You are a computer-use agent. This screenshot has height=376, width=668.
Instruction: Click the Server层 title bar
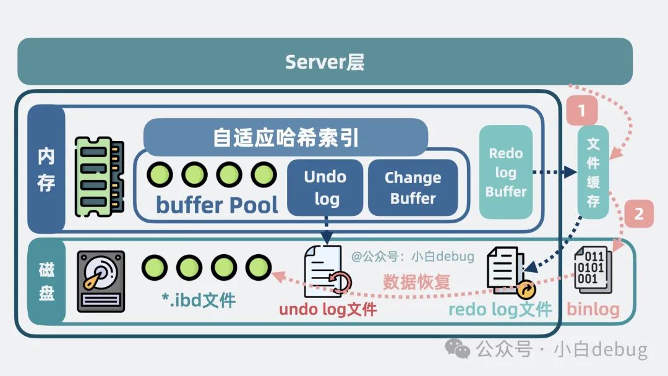[x=325, y=61]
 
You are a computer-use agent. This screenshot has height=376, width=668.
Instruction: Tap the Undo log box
[x=325, y=187]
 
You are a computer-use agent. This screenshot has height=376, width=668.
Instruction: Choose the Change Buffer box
[x=413, y=187]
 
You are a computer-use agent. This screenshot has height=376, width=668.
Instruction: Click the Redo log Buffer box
[x=505, y=172]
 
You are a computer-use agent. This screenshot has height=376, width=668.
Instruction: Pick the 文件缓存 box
[x=593, y=172]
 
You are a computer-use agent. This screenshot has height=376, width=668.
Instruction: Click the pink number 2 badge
[x=639, y=214]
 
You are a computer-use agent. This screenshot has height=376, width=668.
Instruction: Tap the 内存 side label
[x=46, y=169]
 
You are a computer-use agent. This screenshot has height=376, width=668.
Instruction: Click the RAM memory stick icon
[x=99, y=177]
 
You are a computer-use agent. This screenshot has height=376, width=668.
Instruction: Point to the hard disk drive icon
[x=101, y=281]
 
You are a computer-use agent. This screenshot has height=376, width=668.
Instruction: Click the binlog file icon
[x=593, y=270]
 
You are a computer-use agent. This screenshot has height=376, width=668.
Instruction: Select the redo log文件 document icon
[x=507, y=271]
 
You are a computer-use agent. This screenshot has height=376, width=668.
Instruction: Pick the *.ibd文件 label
[x=199, y=301]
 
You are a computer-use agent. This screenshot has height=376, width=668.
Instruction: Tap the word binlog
[x=593, y=309]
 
